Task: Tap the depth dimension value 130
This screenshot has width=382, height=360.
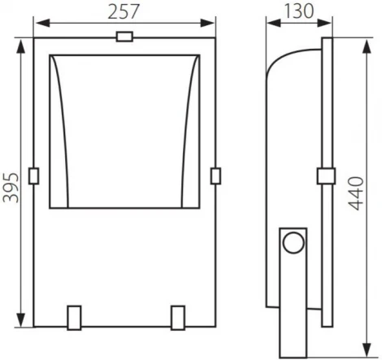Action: (x=298, y=11)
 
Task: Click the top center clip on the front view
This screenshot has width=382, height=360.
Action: (x=125, y=37)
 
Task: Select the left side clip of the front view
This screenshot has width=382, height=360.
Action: (x=33, y=174)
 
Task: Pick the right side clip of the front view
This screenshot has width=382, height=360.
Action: (x=215, y=174)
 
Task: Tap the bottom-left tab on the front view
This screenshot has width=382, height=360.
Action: (x=73, y=316)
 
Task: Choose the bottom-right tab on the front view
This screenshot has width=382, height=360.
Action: (x=179, y=316)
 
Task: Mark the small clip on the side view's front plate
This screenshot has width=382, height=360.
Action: (x=324, y=176)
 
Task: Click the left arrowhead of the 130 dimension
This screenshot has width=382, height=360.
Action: (x=270, y=27)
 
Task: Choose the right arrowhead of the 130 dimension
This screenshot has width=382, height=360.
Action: (x=328, y=27)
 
